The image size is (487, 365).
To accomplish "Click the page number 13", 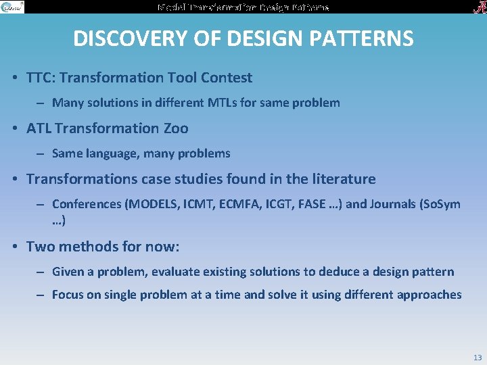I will (478, 357).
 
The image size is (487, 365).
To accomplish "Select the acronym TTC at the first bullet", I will (40, 78).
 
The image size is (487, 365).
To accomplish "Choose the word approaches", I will (432, 295).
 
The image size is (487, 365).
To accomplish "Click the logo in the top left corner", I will (12, 7).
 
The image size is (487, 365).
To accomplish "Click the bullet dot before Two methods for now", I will (14, 247).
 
